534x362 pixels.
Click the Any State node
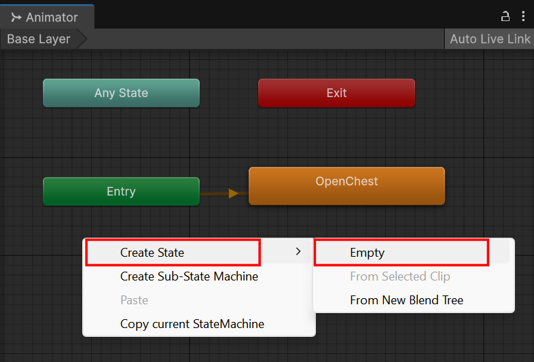tap(121, 93)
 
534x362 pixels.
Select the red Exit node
tap(336, 93)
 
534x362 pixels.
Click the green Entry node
tap(121, 192)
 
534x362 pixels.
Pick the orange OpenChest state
tap(346, 186)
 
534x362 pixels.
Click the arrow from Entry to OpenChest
tap(224, 194)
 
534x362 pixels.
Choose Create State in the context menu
tap(152, 253)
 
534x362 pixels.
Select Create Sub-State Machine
tap(189, 276)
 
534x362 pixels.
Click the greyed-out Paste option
tap(135, 300)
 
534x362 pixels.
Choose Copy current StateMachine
tap(192, 324)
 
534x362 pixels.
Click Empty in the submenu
tap(367, 253)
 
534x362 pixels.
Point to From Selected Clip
tap(400, 276)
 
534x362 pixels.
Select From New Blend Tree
tap(407, 300)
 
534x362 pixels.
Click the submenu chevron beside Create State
tap(298, 251)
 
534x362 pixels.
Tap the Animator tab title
tap(52, 18)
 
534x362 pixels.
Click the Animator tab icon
tap(16, 17)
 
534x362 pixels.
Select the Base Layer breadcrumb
tap(39, 39)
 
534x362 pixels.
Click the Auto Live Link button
tap(490, 39)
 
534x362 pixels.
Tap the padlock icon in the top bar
tap(505, 16)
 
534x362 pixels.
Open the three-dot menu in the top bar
tap(523, 16)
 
